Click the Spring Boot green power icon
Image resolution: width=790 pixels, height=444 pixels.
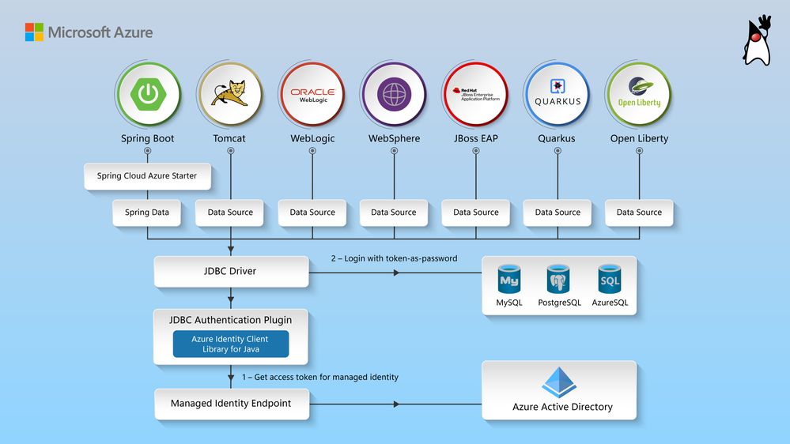[x=147, y=94]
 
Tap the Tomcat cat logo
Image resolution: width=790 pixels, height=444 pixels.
[x=229, y=94]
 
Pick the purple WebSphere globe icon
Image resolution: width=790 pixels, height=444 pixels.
[x=393, y=94]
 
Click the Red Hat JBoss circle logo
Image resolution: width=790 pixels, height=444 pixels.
[x=475, y=94]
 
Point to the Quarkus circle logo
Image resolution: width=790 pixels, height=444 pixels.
[x=558, y=94]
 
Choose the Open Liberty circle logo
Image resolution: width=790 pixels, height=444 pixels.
[x=639, y=94]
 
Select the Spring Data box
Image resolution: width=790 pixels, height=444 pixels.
[x=147, y=213]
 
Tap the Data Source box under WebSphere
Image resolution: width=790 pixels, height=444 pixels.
[x=393, y=213]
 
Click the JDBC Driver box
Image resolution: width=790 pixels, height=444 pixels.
[x=230, y=271]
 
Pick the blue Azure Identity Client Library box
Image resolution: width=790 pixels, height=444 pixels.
[x=230, y=344]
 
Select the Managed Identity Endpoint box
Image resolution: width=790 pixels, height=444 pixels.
[x=231, y=404]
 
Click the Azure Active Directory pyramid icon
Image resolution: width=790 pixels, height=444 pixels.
[x=560, y=382]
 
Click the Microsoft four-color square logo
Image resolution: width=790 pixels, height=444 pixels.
[x=34, y=32]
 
